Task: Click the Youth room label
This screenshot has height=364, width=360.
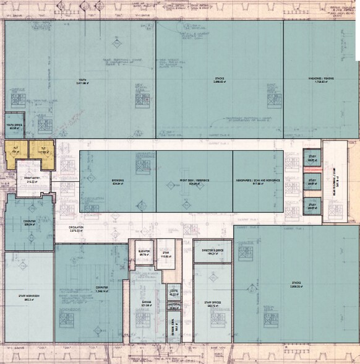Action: coord(82,80)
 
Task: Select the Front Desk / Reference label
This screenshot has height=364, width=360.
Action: coord(194,182)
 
